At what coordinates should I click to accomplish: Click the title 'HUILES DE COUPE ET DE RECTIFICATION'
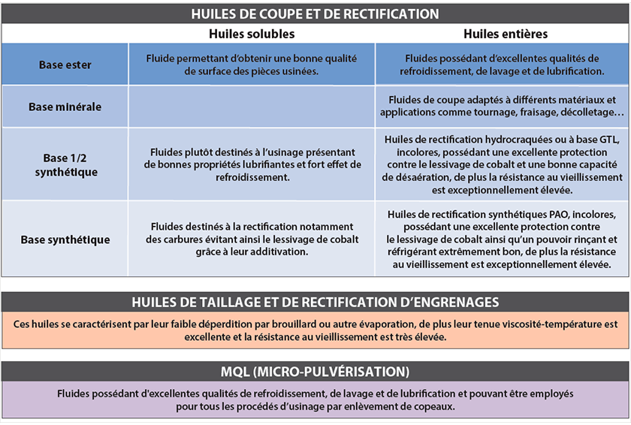315,14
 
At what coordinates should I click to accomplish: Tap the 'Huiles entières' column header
505,34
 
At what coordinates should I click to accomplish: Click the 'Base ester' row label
65,65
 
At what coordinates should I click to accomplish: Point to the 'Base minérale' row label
65,107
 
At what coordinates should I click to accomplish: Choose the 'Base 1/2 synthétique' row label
65,164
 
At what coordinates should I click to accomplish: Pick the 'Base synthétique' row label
65,240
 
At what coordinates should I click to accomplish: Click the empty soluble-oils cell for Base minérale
252,107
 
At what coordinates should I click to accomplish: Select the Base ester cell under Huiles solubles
252,65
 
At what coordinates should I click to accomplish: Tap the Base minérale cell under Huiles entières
502,106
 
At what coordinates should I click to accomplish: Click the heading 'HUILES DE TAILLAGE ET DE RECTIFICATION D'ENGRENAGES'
315,302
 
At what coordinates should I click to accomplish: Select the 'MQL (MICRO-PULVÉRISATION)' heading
315,371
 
